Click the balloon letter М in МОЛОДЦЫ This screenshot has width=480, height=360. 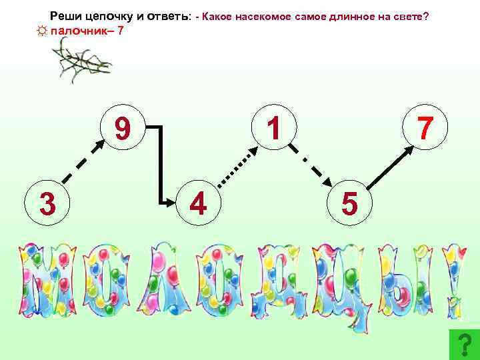(45, 280)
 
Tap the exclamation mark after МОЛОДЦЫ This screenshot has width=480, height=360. (455, 280)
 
